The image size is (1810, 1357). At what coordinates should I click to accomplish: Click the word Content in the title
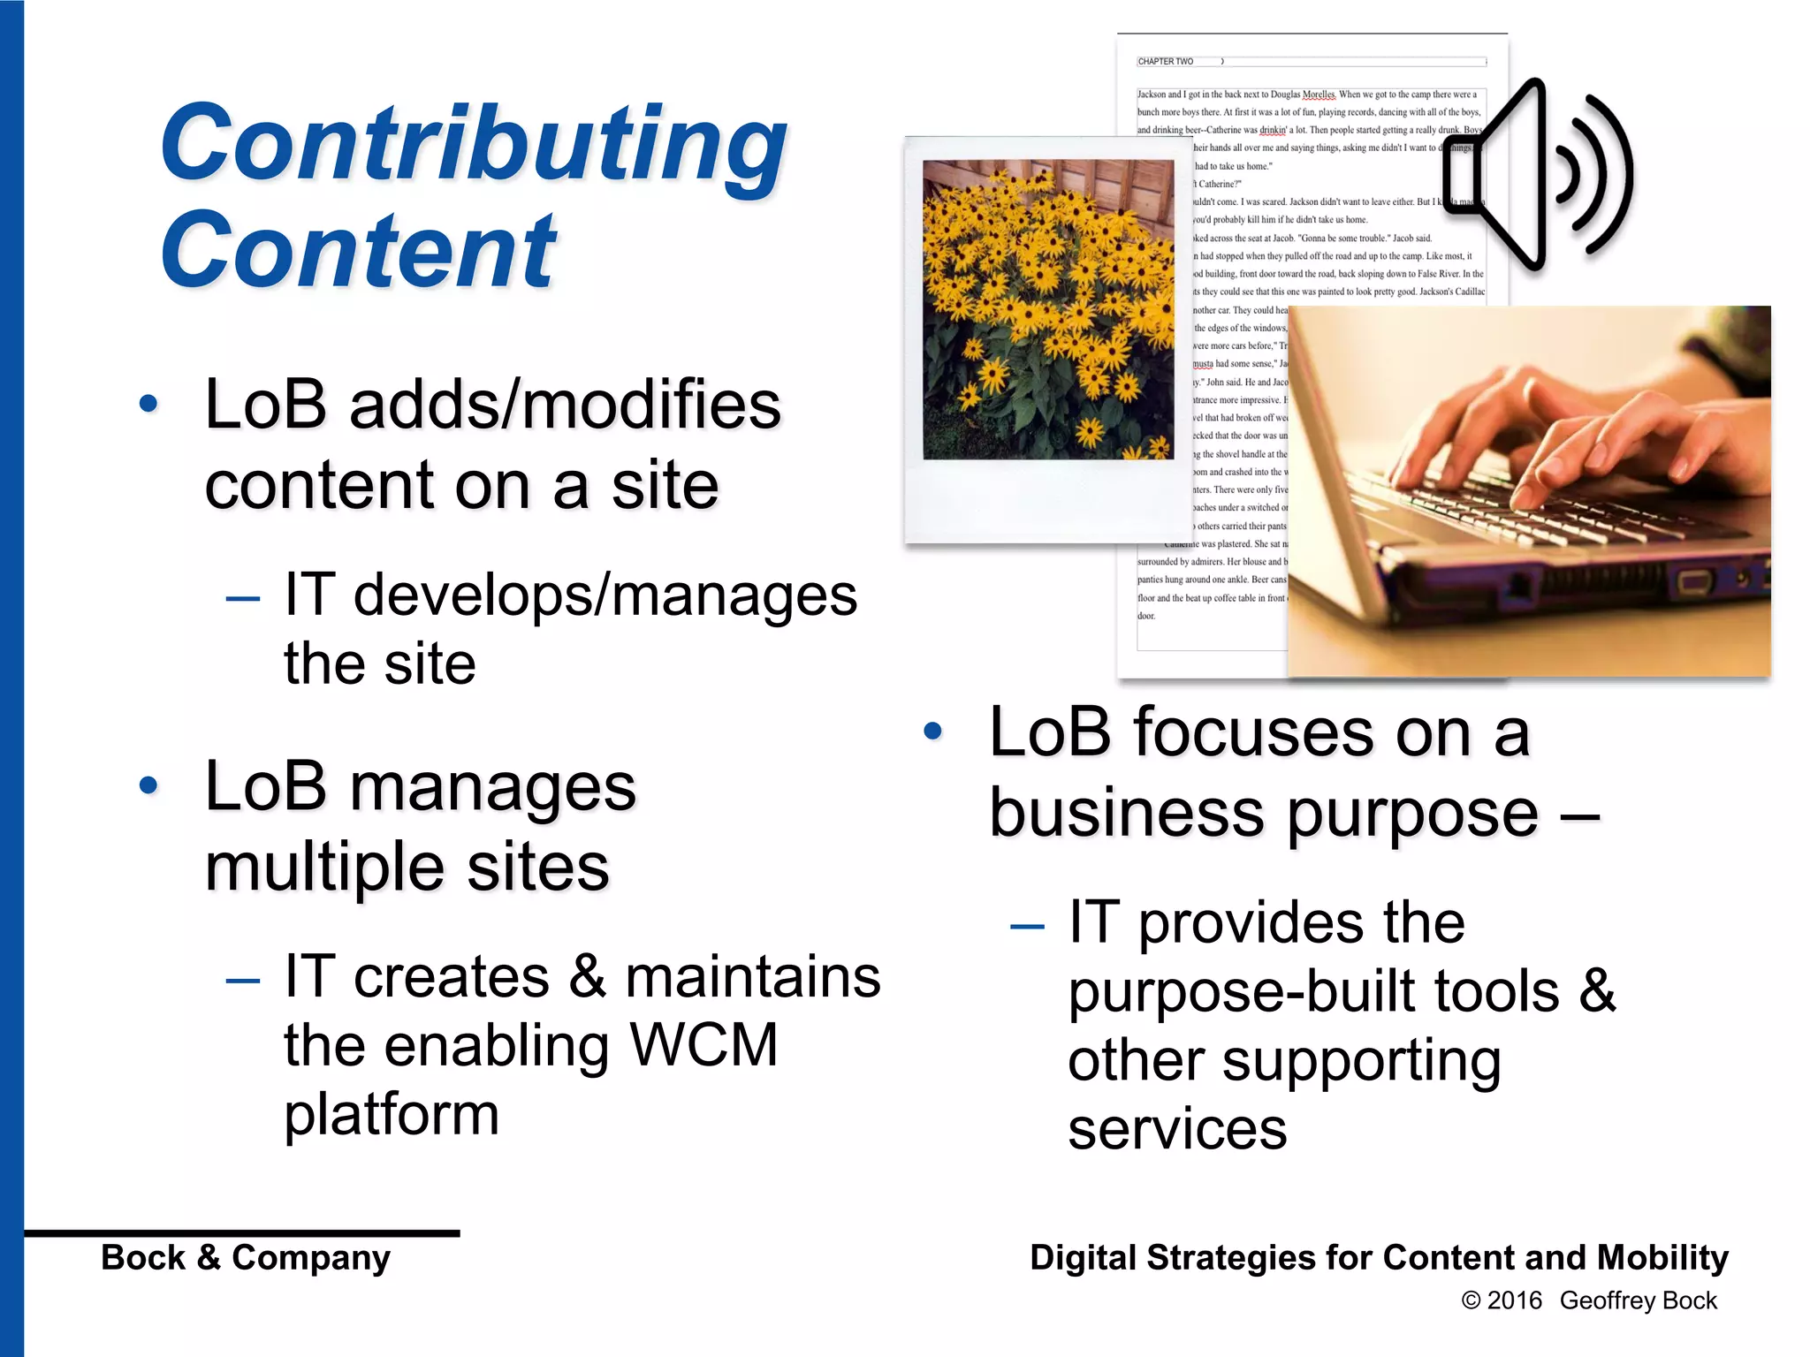click(358, 252)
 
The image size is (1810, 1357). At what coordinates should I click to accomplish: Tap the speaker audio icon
click(1538, 175)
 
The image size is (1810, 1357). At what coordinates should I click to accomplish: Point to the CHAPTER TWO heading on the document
click(1165, 62)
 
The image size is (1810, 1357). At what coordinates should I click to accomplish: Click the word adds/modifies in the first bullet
click(566, 405)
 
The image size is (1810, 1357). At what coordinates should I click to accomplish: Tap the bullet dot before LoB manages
click(148, 785)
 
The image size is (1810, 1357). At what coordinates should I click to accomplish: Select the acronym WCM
click(703, 1045)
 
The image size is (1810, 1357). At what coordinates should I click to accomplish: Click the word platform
click(392, 1114)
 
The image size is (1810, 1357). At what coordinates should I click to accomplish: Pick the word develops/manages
click(605, 595)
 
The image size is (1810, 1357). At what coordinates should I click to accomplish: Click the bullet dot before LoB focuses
click(932, 731)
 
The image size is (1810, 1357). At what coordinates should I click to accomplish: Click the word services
click(1177, 1129)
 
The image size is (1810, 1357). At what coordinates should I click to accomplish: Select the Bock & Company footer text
click(246, 1257)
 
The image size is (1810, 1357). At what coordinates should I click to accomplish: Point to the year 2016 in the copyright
click(1514, 1300)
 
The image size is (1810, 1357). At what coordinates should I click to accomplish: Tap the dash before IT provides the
click(1027, 926)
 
